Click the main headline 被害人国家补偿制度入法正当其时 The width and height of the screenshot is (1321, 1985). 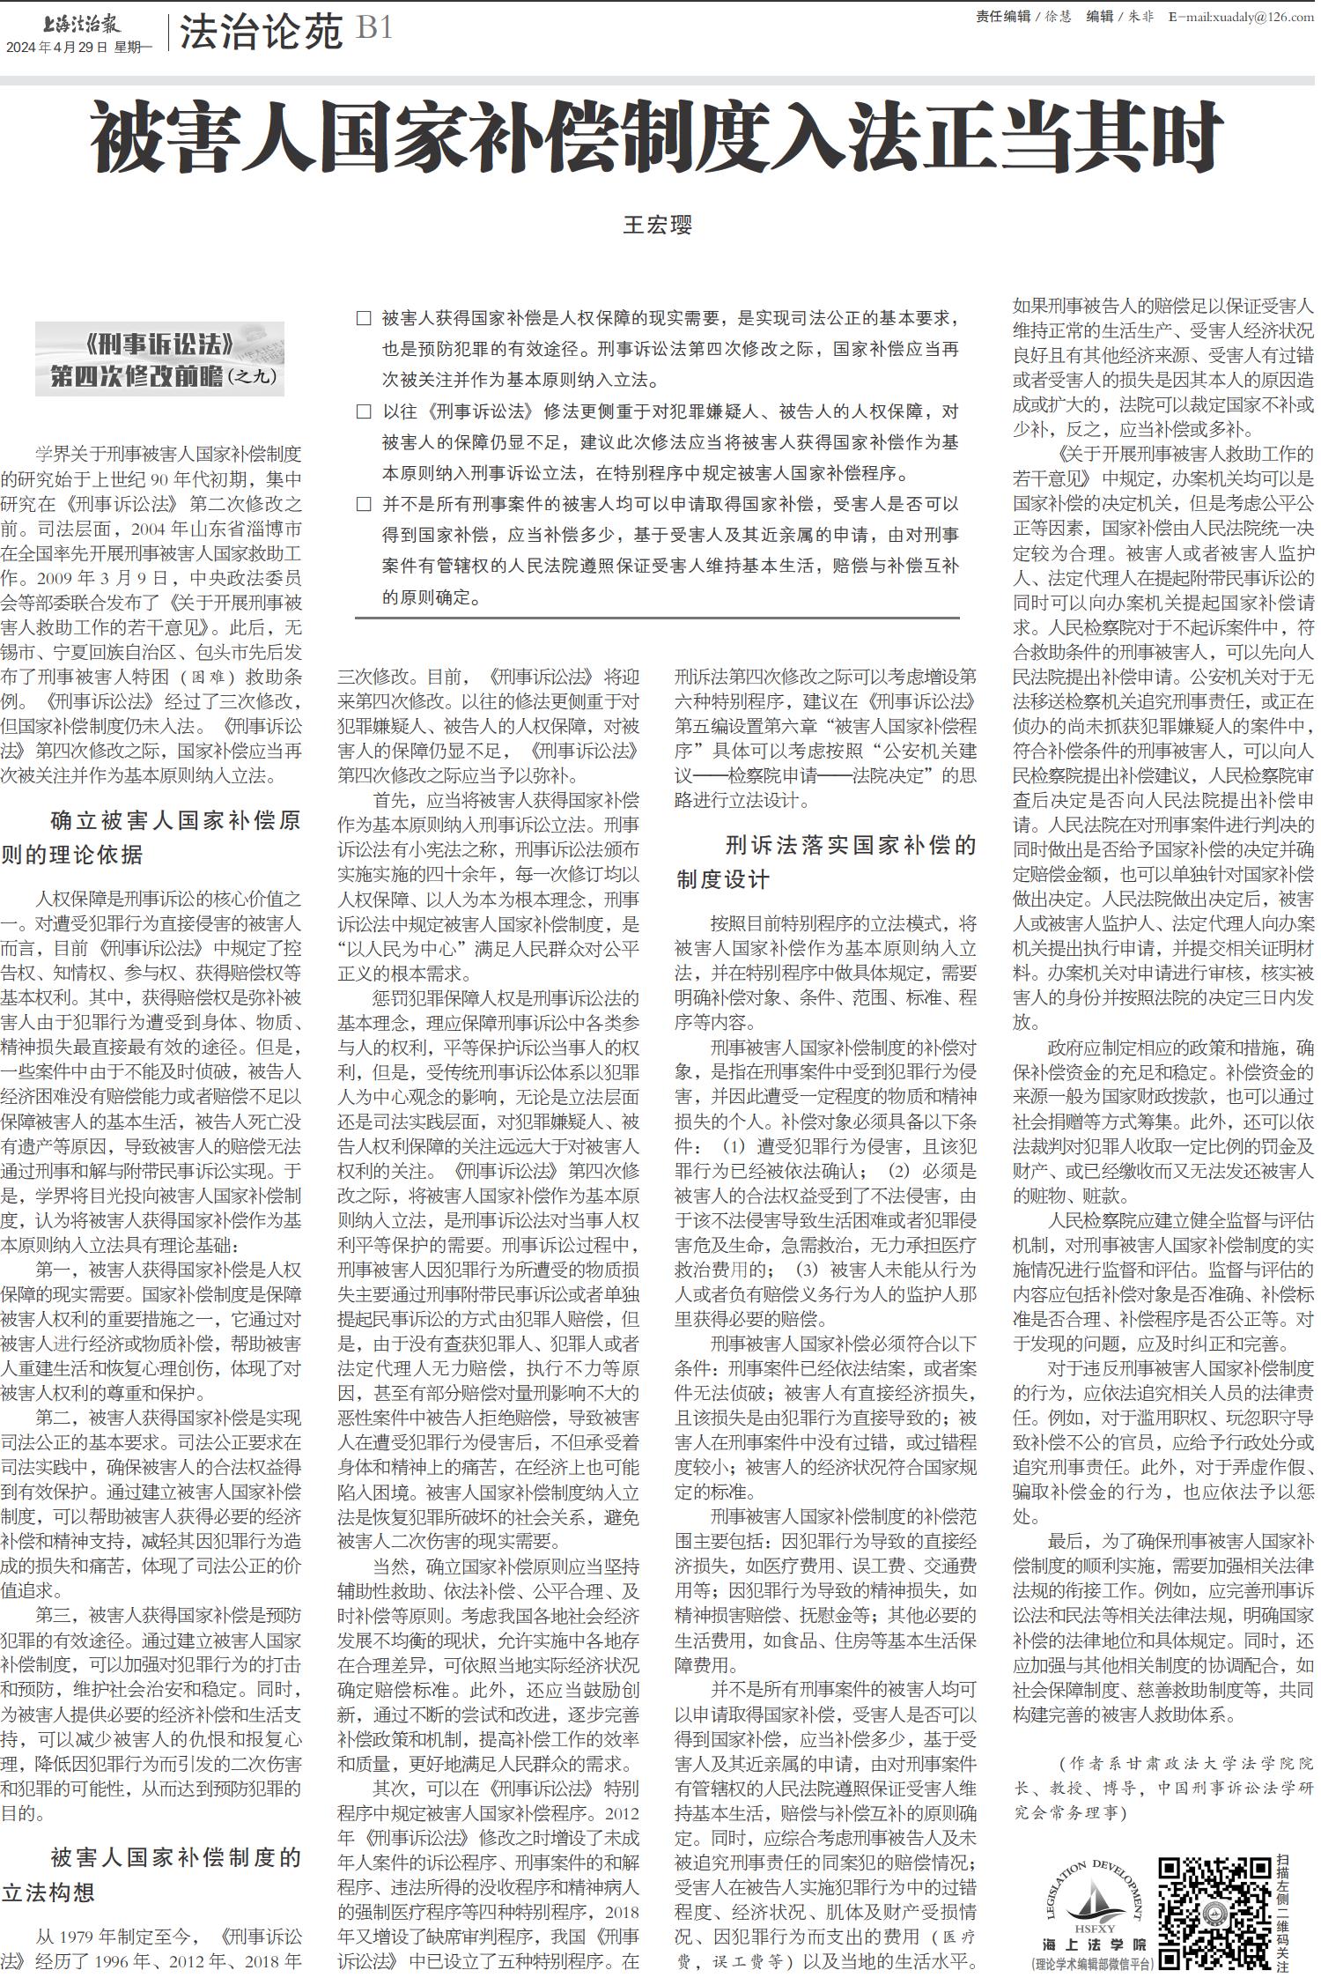tap(656, 139)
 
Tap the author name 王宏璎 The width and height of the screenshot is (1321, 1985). tap(658, 225)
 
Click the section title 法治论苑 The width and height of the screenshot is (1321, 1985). tap(261, 33)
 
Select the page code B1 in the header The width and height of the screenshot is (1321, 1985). tap(373, 29)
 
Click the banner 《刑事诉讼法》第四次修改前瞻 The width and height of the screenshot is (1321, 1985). tap(160, 359)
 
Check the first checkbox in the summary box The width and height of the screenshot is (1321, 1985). tap(364, 318)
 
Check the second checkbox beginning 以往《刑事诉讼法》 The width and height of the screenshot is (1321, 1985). tap(364, 411)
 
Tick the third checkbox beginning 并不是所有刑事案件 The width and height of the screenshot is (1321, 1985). tap(364, 504)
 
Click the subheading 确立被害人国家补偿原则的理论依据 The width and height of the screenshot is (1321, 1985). tap(151, 837)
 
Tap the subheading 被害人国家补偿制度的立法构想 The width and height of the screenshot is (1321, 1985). tap(151, 1875)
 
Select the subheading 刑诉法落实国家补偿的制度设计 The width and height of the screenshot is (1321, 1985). tap(825, 862)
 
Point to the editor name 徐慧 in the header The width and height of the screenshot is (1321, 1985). tap(1059, 16)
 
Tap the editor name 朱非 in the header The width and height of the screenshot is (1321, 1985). tap(1141, 16)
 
